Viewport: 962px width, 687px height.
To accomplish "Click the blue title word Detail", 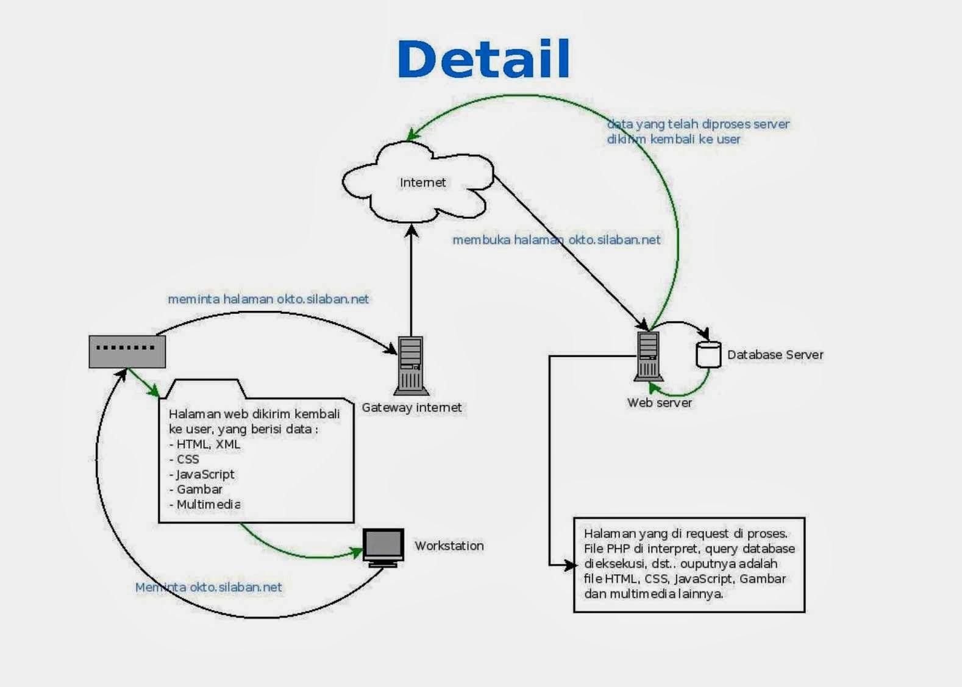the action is pyautogui.click(x=484, y=59).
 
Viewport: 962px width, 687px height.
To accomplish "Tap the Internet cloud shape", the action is pyautogui.click(x=418, y=182).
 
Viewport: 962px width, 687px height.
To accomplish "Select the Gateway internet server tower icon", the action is pyautogui.click(x=411, y=366).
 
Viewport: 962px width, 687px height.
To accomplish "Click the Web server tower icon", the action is pyautogui.click(x=648, y=357).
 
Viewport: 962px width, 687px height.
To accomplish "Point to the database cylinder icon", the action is pyautogui.click(x=708, y=355).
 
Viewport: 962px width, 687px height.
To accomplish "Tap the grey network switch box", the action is pyautogui.click(x=127, y=352).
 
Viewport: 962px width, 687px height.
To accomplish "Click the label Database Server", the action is pyautogui.click(x=775, y=355).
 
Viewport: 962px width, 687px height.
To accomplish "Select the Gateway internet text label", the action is pyautogui.click(x=412, y=407).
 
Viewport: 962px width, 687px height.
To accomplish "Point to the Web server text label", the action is pyautogui.click(x=660, y=403).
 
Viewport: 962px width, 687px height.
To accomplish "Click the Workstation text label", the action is pyautogui.click(x=449, y=546).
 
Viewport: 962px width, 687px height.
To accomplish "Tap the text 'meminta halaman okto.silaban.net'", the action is pyautogui.click(x=268, y=299).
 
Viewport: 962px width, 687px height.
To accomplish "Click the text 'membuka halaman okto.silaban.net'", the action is pyautogui.click(x=557, y=240).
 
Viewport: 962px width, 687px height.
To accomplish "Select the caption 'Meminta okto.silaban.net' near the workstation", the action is pyautogui.click(x=208, y=587).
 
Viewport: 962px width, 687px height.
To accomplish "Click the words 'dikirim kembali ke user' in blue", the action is pyautogui.click(x=674, y=139).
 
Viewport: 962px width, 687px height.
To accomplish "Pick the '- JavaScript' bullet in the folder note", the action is pyautogui.click(x=202, y=474).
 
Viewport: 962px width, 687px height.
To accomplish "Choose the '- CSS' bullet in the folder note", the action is pyautogui.click(x=184, y=459).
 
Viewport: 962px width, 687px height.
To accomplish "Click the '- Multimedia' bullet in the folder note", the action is pyautogui.click(x=204, y=504).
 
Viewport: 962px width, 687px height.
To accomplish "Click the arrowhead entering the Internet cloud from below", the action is pyautogui.click(x=412, y=230).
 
